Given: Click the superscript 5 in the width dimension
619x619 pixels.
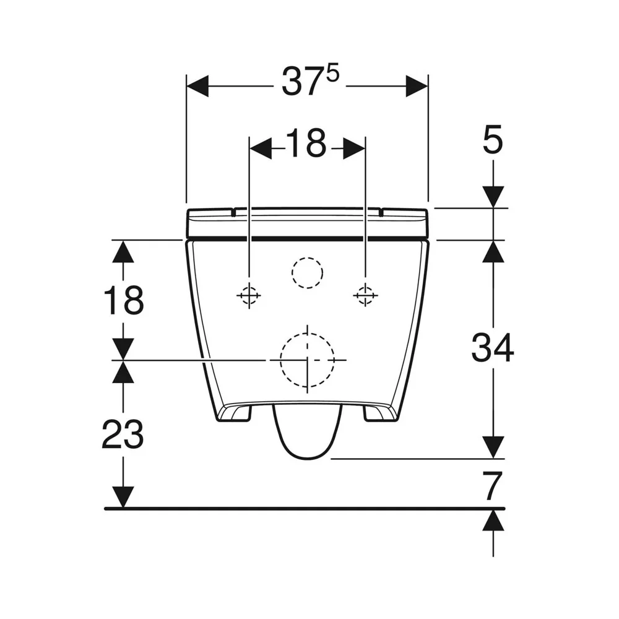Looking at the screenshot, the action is point(333,74).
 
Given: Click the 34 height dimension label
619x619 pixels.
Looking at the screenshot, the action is point(493,347).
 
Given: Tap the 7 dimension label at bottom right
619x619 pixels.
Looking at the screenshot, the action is point(493,485).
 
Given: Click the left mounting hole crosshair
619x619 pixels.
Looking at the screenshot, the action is point(249,295).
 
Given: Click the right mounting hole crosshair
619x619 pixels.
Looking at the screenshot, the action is point(365,295).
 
